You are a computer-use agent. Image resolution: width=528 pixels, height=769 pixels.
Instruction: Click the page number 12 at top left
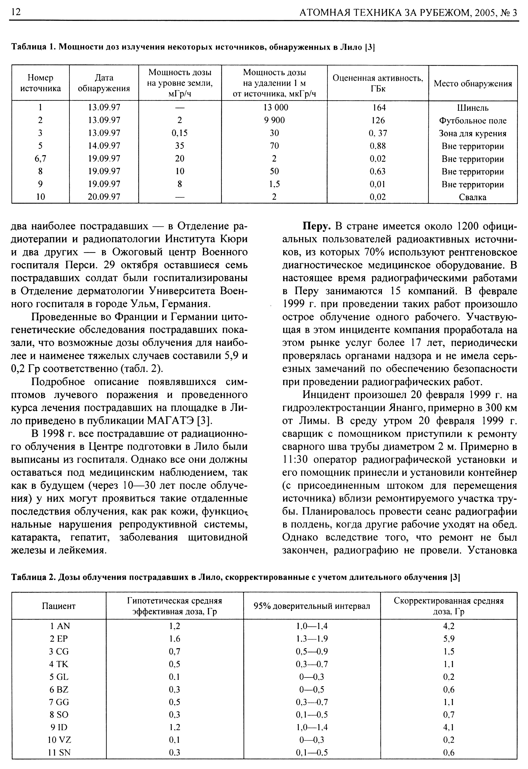pyautogui.click(x=16, y=12)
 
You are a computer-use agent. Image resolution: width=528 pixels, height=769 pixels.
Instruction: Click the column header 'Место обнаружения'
pyautogui.click(x=473, y=83)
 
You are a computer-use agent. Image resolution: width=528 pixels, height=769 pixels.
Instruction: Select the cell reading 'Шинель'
pyautogui.click(x=473, y=108)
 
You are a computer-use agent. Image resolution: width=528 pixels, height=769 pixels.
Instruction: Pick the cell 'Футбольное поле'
pyautogui.click(x=473, y=120)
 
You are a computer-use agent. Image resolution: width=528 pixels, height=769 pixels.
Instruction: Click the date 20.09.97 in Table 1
pyautogui.click(x=104, y=197)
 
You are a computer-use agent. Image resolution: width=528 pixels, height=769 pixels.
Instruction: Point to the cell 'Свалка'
pyautogui.click(x=473, y=197)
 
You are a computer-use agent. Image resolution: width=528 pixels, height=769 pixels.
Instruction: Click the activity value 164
pyautogui.click(x=378, y=107)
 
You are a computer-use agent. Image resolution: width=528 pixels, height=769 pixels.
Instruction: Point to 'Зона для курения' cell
pyautogui.click(x=473, y=133)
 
